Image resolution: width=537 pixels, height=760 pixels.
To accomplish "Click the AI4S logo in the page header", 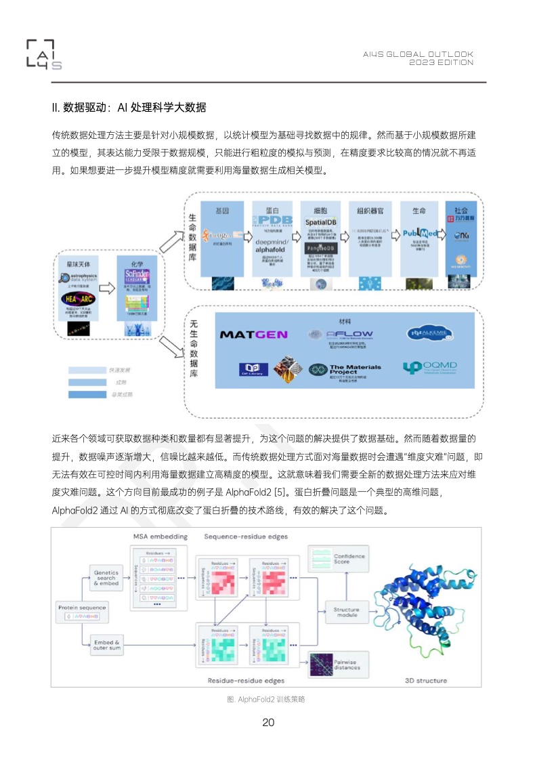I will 44,54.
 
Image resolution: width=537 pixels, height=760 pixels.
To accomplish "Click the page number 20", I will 268,722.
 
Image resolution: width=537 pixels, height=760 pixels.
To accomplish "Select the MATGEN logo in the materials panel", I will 254,335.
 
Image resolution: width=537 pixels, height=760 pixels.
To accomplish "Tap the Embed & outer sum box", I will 106,645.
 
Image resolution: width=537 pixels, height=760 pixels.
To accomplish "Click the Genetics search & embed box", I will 106,577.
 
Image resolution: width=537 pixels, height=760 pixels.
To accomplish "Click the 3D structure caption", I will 425,680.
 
